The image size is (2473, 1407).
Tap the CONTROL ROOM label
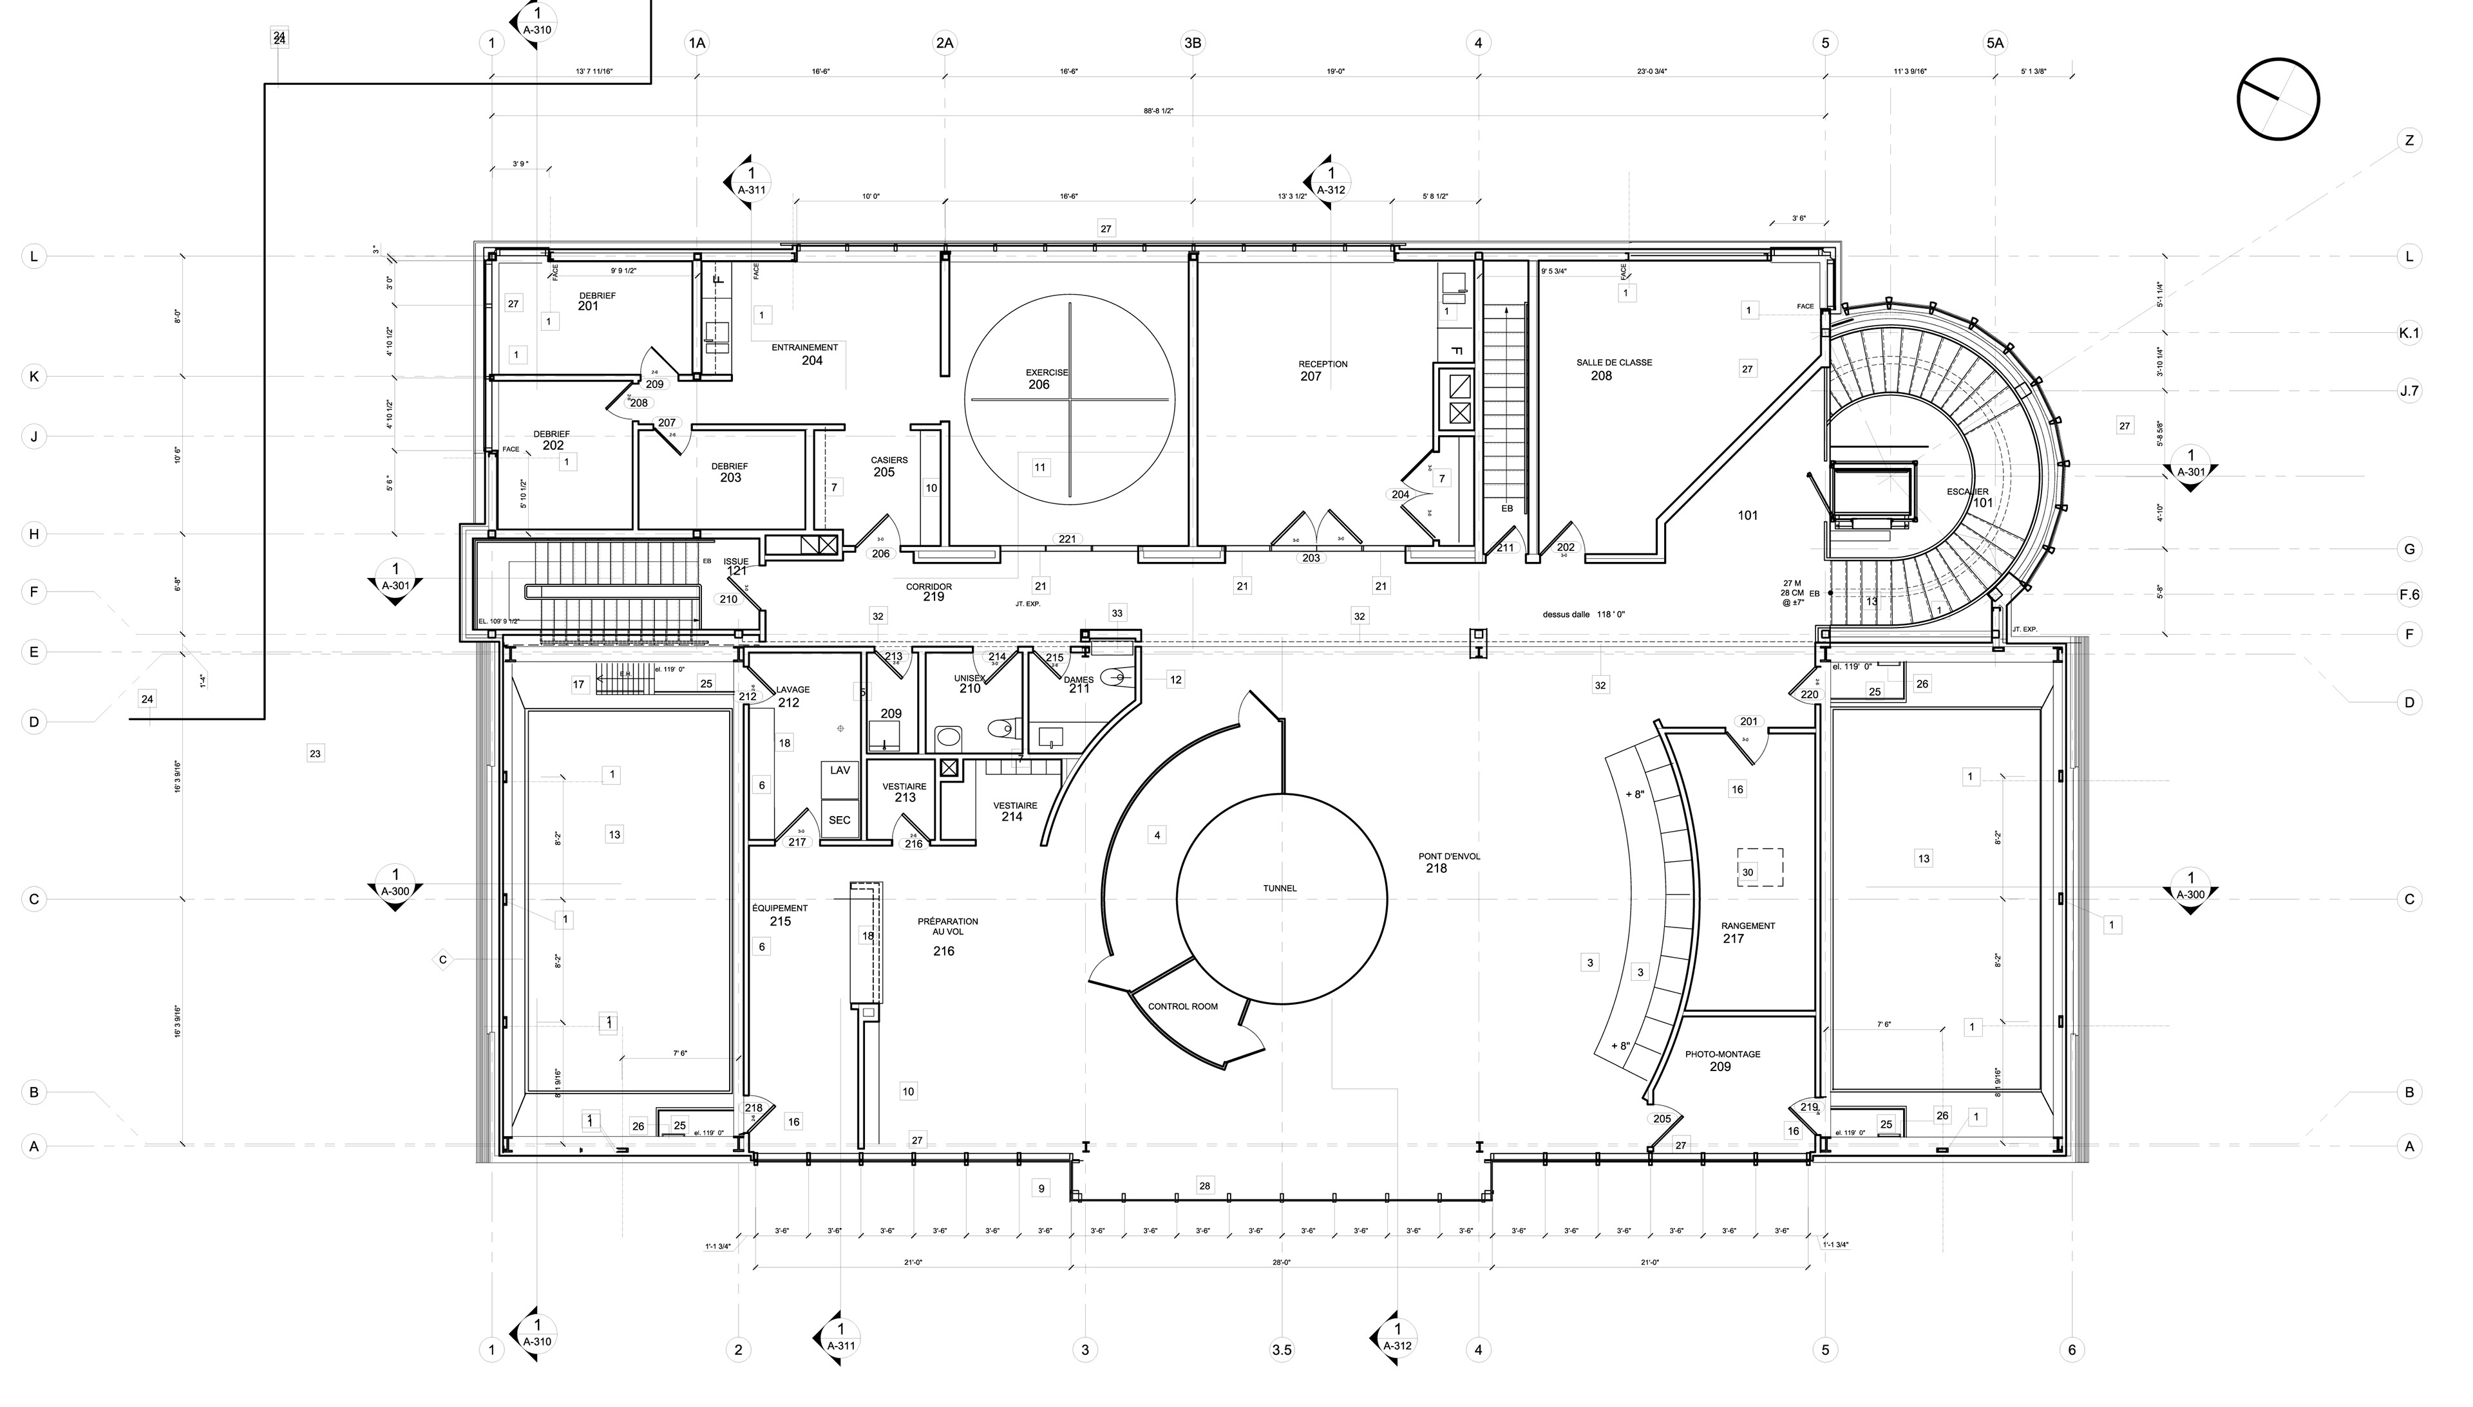click(x=1182, y=1006)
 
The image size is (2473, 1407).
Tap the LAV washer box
click(x=839, y=770)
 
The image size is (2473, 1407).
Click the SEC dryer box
click(x=839, y=821)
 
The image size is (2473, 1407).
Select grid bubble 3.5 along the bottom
click(x=1281, y=1350)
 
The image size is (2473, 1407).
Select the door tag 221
click(x=1066, y=539)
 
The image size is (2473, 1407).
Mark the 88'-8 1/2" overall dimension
click(x=1157, y=111)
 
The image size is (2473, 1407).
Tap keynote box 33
click(x=1117, y=613)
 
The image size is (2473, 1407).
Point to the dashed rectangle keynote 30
click(x=1759, y=867)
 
